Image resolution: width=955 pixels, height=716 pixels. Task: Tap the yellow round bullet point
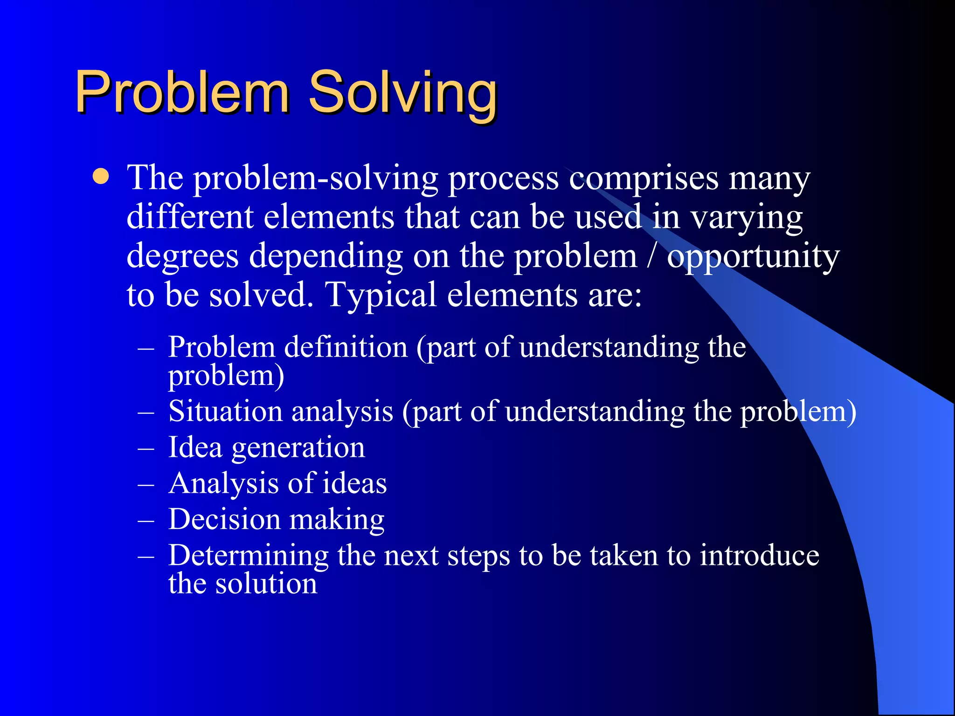[x=101, y=177]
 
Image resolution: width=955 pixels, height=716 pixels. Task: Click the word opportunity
[x=753, y=257]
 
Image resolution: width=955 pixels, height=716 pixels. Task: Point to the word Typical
[x=381, y=296]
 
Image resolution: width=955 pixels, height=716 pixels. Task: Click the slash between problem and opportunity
[x=651, y=256]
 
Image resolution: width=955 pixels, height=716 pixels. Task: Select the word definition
[x=346, y=347]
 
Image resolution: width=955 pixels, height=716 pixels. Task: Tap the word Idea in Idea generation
[x=195, y=447]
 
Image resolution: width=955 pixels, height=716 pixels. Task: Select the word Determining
[x=249, y=556]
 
